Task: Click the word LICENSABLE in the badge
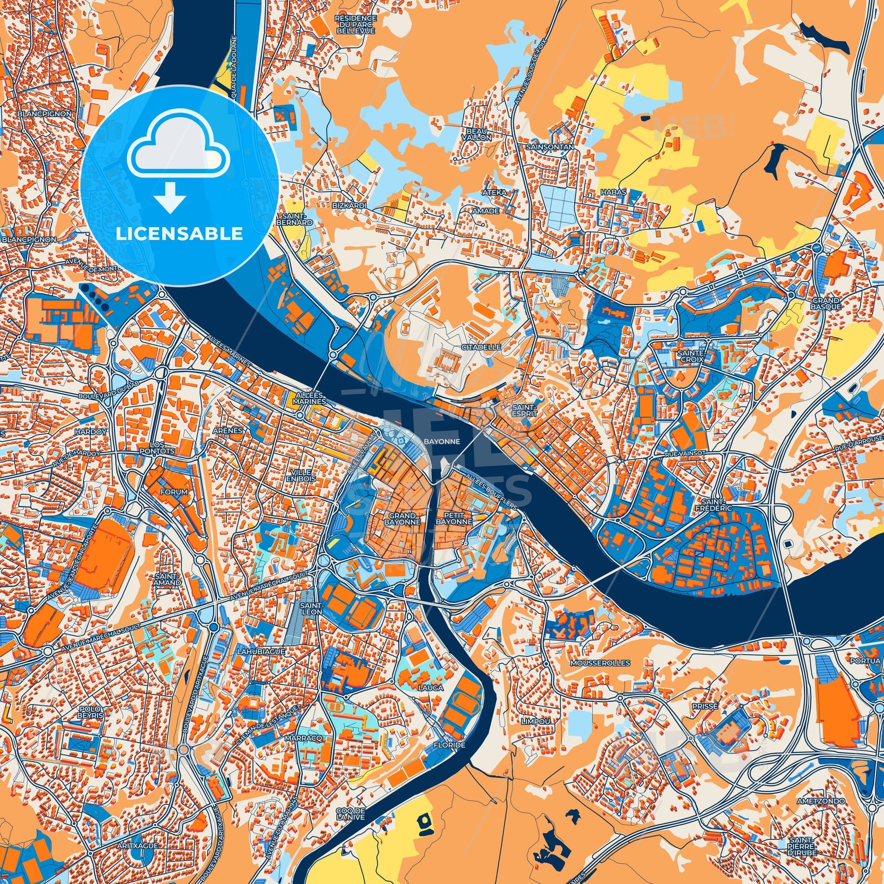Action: pyautogui.click(x=179, y=234)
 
